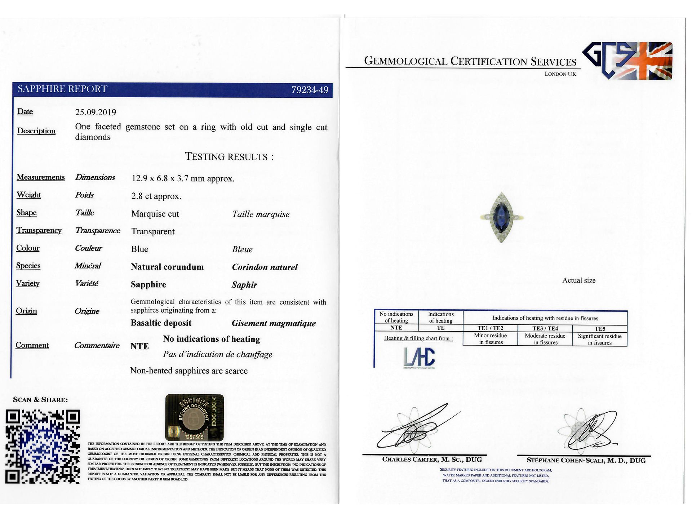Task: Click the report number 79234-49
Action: (310, 90)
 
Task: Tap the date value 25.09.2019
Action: (96, 112)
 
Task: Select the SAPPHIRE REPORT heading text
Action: (62, 89)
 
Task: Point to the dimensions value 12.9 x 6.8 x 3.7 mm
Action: (183, 178)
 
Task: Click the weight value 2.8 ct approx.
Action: (156, 196)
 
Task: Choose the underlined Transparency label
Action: (39, 230)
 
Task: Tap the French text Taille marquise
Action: (261, 214)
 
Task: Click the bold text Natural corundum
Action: (167, 267)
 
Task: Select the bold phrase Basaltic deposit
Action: (161, 323)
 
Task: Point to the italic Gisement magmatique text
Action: (274, 323)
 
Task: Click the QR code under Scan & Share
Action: (43, 447)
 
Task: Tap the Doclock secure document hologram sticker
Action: (194, 417)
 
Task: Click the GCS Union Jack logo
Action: (627, 61)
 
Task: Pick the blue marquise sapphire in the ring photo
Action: (501, 217)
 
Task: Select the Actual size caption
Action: (579, 280)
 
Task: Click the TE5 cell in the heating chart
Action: (600, 329)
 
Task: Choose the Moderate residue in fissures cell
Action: (545, 339)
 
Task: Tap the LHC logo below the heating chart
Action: (419, 357)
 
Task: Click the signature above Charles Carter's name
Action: (414, 429)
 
